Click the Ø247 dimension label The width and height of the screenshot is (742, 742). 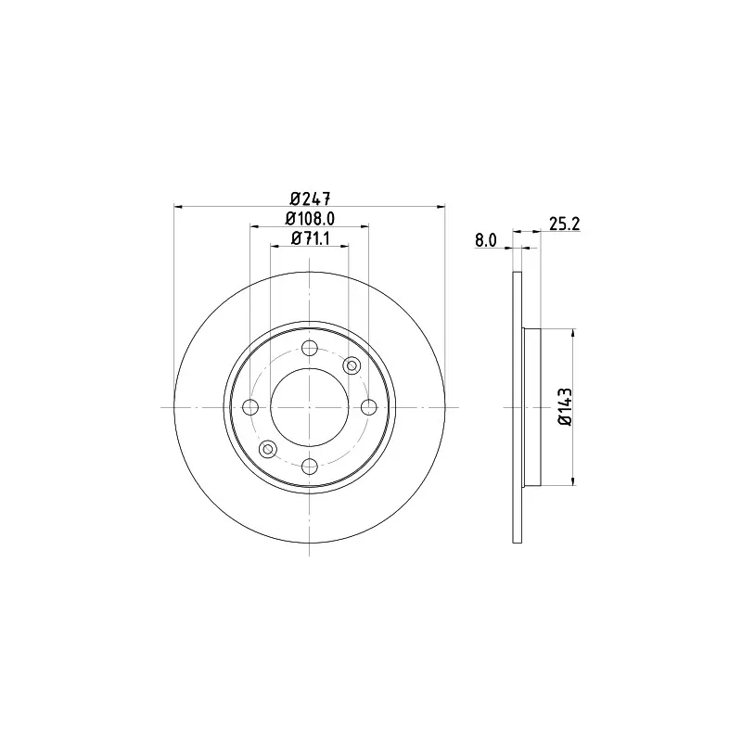[310, 198]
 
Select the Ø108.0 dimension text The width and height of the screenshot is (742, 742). [310, 219]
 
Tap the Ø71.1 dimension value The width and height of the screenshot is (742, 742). [310, 238]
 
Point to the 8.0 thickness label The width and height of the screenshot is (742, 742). [486, 240]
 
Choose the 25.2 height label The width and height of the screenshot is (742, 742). [565, 224]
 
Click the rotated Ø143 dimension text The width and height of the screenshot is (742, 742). [565, 407]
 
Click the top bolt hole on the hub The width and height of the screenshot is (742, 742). [310, 348]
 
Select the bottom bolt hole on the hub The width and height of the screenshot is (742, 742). [310, 467]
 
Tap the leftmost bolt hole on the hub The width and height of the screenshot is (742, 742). [250, 407]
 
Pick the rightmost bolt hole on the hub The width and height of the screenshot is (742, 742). [368, 407]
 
